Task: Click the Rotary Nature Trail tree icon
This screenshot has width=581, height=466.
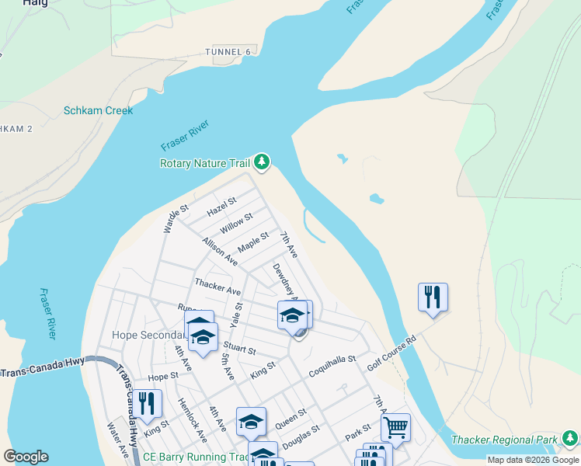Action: coord(263,162)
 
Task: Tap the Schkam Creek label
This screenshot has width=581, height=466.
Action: coord(98,110)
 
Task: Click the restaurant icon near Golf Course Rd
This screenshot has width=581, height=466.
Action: coord(433,297)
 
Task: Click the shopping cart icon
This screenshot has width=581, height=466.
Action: coord(396,426)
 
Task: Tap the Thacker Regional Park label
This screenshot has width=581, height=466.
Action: coord(505,440)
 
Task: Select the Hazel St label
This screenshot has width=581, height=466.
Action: coord(221,207)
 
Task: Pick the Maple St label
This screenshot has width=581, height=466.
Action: coord(253,242)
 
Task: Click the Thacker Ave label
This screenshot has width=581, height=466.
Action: coord(217,287)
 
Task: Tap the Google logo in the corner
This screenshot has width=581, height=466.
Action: coord(26,457)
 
